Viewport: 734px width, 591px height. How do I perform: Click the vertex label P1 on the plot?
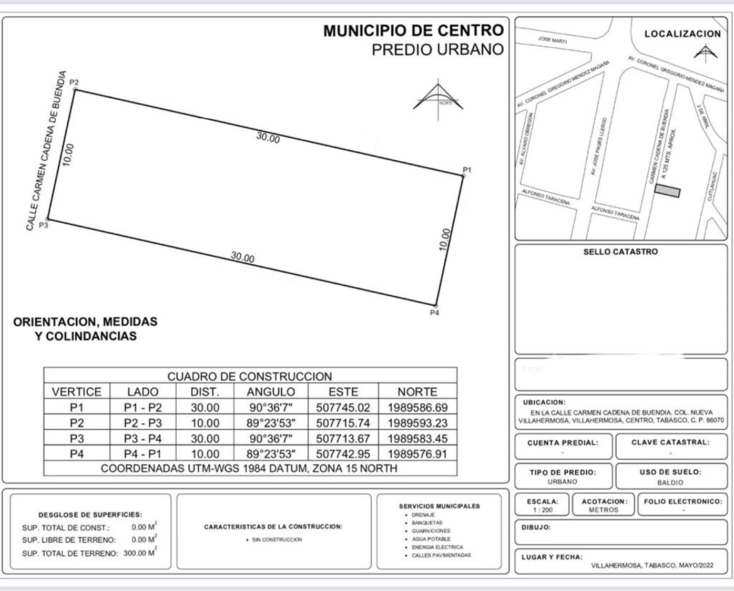467,170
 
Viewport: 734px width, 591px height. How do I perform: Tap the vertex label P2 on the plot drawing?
74,82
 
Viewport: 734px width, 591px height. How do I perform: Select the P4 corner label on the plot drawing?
434,313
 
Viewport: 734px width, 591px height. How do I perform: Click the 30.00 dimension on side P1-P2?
268,138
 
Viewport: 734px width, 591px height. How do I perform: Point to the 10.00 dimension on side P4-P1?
445,240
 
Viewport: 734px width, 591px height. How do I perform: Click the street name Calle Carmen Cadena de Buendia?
47,151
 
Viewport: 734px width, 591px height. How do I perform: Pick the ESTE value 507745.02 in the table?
343,408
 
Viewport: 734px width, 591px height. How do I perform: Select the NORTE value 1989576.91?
417,454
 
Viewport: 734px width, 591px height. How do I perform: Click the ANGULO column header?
271,392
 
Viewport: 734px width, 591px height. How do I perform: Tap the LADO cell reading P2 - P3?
142,423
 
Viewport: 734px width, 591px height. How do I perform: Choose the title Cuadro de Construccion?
250,377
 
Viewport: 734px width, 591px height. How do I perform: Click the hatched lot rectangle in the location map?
667,191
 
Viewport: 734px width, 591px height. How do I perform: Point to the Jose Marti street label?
552,40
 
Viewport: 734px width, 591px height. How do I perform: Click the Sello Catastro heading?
620,252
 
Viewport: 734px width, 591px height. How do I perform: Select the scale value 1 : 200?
543,510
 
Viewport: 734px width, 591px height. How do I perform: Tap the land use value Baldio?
670,482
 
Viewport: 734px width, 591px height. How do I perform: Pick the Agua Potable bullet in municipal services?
431,539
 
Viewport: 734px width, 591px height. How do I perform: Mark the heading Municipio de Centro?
413,31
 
